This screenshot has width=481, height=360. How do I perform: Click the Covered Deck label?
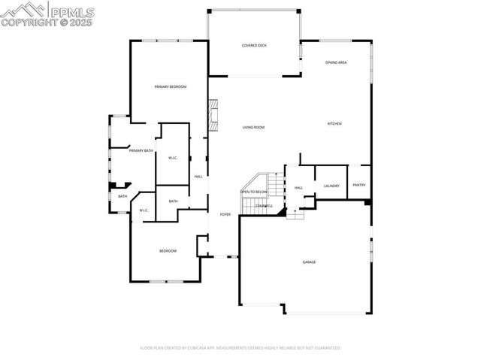click(x=254, y=46)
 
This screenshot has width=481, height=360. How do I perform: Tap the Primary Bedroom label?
click(x=171, y=87)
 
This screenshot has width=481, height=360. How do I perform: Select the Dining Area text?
click(x=336, y=62)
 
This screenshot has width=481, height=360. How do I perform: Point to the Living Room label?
click(x=253, y=127)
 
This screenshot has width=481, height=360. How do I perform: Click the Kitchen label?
click(x=334, y=123)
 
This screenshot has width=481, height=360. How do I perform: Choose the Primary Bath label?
click(x=141, y=151)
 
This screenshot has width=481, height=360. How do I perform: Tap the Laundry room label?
click(x=331, y=186)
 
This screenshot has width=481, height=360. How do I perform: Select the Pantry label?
click(x=359, y=185)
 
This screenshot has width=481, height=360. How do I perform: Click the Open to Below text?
click(x=253, y=192)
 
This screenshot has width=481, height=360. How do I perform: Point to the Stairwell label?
click(x=263, y=205)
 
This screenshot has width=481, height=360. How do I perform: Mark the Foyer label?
click(x=225, y=215)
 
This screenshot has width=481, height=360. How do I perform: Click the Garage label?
click(x=309, y=262)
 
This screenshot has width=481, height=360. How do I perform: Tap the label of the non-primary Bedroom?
click(x=167, y=250)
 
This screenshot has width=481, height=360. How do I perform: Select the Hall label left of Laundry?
click(x=298, y=188)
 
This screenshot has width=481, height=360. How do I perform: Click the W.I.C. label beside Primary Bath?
click(x=172, y=158)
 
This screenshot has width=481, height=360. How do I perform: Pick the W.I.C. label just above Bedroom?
click(x=144, y=210)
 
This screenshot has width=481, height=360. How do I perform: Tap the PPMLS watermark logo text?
click(x=71, y=11)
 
